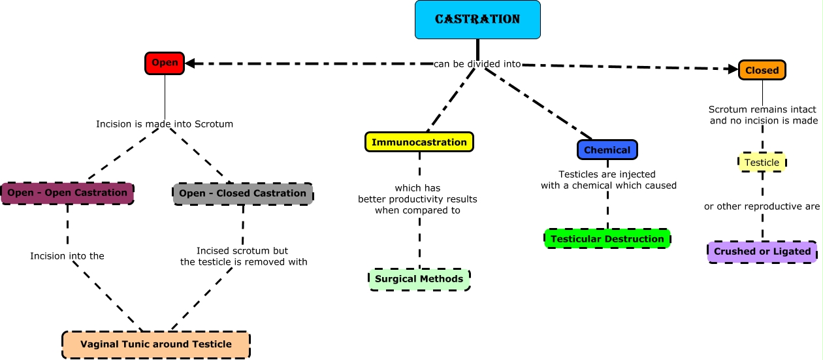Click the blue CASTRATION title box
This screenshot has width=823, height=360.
point(477,20)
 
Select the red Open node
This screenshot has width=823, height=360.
point(165,63)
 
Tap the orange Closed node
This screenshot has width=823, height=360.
point(762,70)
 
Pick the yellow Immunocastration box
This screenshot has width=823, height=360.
point(419,142)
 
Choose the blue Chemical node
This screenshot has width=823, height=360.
point(607,150)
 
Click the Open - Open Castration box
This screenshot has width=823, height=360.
point(67,193)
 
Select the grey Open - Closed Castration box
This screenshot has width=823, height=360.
point(242,193)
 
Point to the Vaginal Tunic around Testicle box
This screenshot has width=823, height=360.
point(156,344)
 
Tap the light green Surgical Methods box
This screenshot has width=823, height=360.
point(419,279)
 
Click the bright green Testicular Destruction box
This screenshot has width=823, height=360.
point(607,238)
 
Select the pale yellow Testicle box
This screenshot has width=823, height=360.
point(762,162)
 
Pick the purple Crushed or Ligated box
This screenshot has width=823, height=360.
point(762,252)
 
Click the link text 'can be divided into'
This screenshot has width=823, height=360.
point(477,64)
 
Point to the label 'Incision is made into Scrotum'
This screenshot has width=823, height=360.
point(165,123)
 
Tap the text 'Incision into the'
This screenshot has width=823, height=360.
point(67,256)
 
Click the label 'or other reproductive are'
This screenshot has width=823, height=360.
point(762,206)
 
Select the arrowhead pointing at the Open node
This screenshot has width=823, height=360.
point(191,63)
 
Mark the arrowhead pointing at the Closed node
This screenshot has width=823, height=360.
point(733,69)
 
